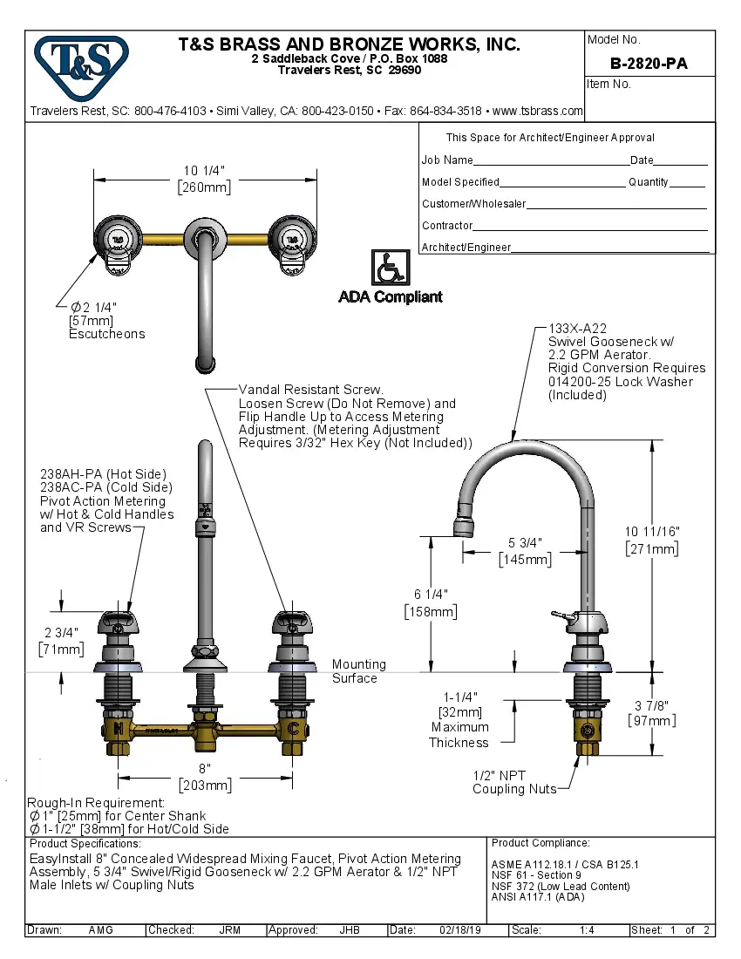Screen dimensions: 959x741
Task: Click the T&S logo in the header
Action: [81, 65]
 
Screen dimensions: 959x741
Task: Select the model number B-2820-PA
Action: [649, 64]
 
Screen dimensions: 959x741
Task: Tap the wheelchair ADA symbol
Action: [389, 268]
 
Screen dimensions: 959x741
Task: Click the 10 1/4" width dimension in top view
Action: [205, 172]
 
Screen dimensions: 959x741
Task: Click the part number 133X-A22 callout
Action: [577, 328]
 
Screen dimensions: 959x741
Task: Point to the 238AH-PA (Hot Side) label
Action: [103, 474]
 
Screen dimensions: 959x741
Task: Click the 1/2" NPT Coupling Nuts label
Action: [513, 782]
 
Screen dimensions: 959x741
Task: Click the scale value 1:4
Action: [587, 930]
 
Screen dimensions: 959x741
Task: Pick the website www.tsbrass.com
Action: [537, 111]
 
